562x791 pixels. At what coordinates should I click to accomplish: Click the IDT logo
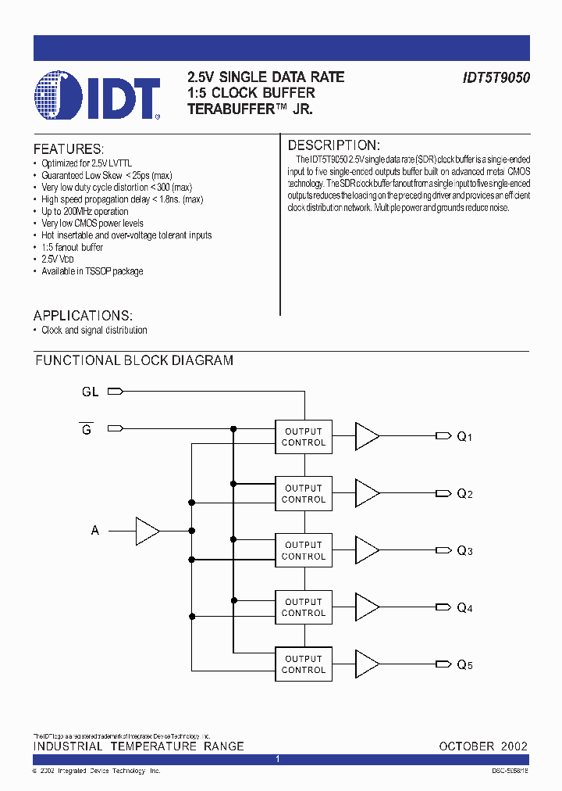[98, 96]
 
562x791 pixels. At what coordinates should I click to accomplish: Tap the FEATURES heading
[68, 149]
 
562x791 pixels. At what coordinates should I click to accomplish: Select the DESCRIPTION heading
[333, 145]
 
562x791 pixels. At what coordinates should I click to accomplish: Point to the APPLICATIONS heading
[83, 316]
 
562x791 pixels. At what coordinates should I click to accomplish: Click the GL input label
[91, 392]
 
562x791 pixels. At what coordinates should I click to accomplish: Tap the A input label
[95, 531]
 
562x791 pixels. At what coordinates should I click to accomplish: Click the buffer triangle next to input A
[147, 531]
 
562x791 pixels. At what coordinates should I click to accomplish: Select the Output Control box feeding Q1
[304, 437]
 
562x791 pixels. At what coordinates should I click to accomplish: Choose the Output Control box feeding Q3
[304, 550]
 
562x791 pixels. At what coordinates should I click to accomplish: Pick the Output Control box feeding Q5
[304, 664]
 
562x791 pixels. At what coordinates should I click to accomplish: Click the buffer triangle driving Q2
[366, 493]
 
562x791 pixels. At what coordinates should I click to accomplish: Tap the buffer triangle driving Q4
[366, 607]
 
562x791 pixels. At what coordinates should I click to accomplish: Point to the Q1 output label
[464, 437]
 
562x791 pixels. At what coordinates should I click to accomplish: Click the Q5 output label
[464, 665]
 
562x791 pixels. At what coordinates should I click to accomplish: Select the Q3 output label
[464, 551]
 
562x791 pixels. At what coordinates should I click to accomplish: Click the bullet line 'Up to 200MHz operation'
[85, 211]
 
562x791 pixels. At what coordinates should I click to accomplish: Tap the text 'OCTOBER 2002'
[483, 746]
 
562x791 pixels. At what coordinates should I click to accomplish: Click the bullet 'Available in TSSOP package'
[92, 271]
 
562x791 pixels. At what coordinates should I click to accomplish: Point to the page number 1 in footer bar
[278, 760]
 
